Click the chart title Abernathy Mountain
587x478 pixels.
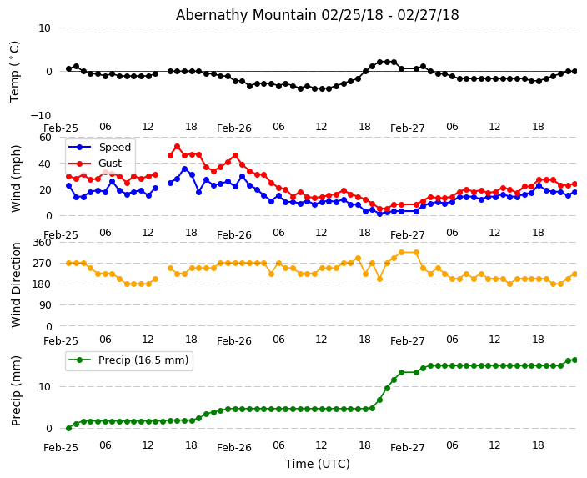(x=317, y=15)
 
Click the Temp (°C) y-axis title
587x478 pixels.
(x=15, y=71)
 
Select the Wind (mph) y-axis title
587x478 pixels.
(x=17, y=178)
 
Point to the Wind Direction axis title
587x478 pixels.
(x=17, y=284)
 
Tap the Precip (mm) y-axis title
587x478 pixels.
(x=17, y=390)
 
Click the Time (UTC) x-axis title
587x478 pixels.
(x=317, y=464)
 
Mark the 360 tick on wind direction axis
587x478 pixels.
(x=42, y=243)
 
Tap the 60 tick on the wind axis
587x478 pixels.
(x=45, y=138)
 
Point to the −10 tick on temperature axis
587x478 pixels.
(x=42, y=115)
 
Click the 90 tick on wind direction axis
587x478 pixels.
(x=45, y=305)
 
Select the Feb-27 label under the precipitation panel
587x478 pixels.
(x=408, y=447)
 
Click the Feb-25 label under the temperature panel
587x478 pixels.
(x=61, y=128)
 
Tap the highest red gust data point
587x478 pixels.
(x=177, y=147)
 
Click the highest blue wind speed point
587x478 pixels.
(x=184, y=169)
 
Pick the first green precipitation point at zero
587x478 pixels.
(x=68, y=428)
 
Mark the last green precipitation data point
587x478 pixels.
(x=574, y=360)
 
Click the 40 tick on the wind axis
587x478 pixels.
(x=45, y=164)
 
